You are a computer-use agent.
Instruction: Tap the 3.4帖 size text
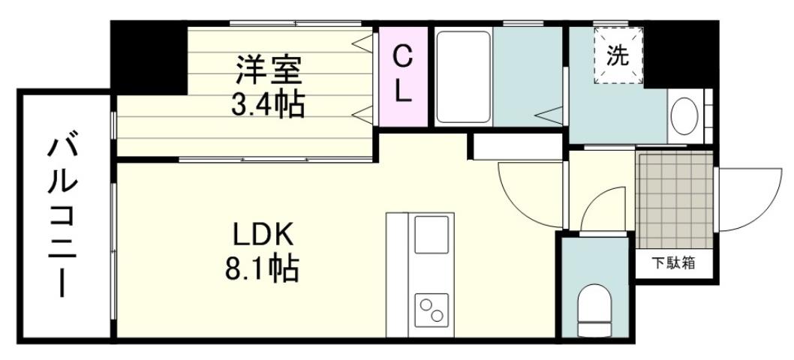pos(268,104)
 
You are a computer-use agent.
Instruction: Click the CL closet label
pos(403,74)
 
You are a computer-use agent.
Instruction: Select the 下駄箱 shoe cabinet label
pos(672,263)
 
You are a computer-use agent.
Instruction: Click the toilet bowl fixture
pos(597,307)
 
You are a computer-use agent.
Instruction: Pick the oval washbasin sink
pos(684,117)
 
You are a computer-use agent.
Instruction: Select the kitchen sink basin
pos(431,237)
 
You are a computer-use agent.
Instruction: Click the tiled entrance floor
pos(674,199)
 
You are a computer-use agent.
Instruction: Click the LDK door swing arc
pos(529,193)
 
